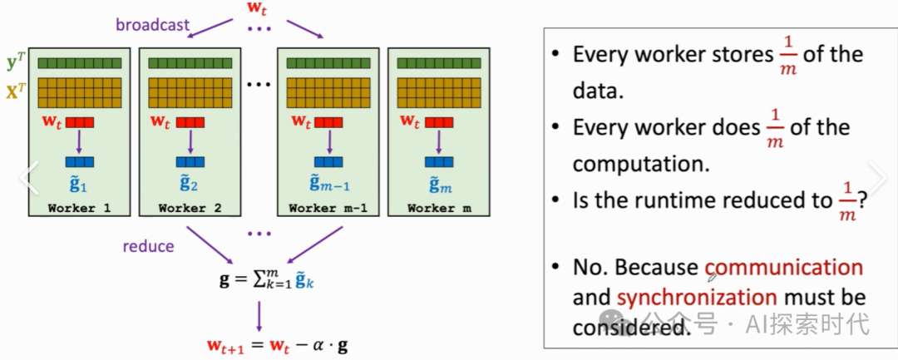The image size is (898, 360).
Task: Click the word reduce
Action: [x=149, y=246]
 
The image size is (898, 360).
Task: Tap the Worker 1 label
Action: [x=79, y=208]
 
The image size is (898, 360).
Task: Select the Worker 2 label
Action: [x=190, y=208]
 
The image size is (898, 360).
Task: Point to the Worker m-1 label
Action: [x=327, y=208]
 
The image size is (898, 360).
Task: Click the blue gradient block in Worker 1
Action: [x=80, y=162]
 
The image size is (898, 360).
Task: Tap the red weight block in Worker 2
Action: [x=190, y=121]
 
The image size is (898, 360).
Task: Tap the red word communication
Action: [x=784, y=268]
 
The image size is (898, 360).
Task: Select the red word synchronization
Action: [x=697, y=297]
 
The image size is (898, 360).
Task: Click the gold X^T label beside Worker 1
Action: [x=14, y=91]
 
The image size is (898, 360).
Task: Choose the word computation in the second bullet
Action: [x=640, y=163]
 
